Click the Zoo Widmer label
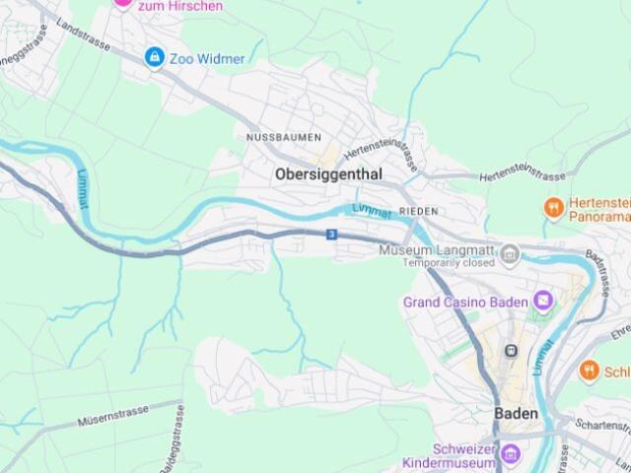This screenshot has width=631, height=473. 207,59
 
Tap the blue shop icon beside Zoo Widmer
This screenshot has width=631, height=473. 154,58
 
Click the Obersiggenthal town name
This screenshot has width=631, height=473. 328,174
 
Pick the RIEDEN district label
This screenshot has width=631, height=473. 418,212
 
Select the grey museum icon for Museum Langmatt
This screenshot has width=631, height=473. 510,256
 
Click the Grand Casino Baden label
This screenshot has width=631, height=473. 465,302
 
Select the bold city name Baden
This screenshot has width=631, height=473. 517,414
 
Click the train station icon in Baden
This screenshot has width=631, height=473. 512,351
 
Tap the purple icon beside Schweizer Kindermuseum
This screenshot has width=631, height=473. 510,454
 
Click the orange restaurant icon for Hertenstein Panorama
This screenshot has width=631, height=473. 554,208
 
